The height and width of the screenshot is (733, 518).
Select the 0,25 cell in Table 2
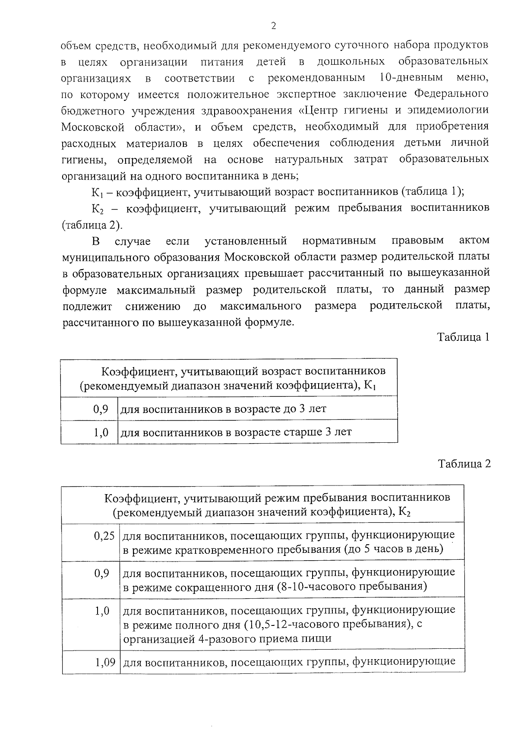pyautogui.click(x=104, y=536)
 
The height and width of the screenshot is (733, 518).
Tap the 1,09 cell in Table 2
pyautogui.click(x=105, y=661)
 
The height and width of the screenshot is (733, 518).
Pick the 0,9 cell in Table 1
pyautogui.click(x=101, y=408)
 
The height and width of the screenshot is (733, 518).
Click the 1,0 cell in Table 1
pyautogui.click(x=101, y=432)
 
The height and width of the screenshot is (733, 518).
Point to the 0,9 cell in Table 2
pyautogui.click(x=101, y=574)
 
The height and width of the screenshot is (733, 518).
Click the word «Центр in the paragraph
pyautogui.click(x=319, y=110)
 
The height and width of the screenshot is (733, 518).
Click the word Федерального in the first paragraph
pyautogui.click(x=451, y=94)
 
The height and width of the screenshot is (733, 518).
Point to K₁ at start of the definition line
pyautogui.click(x=96, y=192)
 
